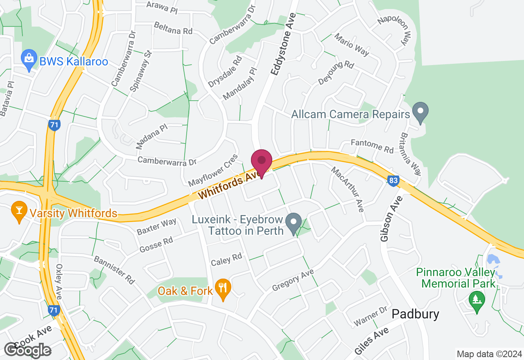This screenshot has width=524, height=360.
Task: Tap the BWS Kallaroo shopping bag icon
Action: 29,61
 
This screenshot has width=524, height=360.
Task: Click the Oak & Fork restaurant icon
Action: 223,289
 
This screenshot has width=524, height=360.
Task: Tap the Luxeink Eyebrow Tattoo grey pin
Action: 293,223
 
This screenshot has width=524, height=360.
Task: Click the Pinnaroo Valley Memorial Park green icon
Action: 477,301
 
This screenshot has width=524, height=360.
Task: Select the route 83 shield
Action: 393,180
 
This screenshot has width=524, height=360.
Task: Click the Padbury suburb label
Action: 415,314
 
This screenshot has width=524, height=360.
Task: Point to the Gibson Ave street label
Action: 386,218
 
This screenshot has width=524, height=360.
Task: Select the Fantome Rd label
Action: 372,146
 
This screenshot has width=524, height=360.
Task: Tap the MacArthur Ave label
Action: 347,189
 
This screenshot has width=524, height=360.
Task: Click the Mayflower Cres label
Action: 212,170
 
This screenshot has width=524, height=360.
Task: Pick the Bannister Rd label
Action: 114,270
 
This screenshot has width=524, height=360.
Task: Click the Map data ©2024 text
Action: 489,354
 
